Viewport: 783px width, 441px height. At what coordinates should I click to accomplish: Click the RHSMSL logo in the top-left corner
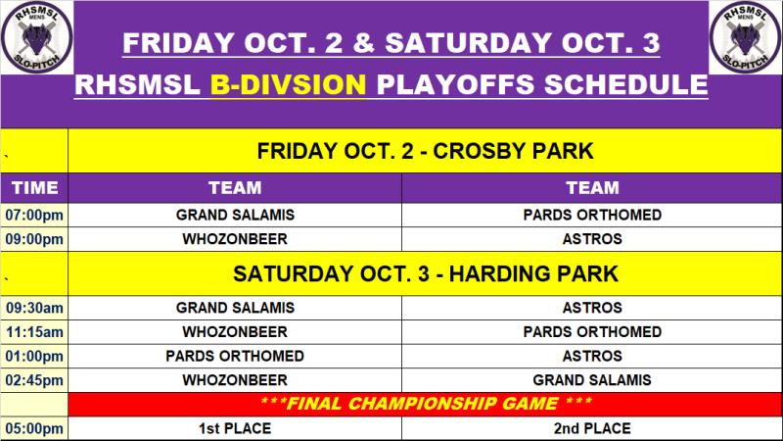tap(36, 37)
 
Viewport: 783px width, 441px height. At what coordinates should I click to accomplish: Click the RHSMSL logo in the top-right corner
tap(746, 37)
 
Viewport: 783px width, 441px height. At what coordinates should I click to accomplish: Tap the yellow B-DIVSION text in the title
tap(288, 84)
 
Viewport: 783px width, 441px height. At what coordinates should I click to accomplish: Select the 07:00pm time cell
tap(34, 215)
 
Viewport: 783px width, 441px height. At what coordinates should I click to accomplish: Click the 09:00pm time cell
tap(34, 239)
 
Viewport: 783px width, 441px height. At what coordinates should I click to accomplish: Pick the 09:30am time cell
tap(34, 308)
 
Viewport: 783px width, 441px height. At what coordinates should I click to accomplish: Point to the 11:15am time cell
tap(34, 332)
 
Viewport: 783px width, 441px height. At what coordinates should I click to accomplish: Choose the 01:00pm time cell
tap(34, 356)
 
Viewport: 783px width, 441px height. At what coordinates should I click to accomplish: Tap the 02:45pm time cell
tap(34, 380)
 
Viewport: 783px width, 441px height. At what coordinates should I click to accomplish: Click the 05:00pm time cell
tap(34, 428)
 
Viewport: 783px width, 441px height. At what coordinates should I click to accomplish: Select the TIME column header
tap(34, 187)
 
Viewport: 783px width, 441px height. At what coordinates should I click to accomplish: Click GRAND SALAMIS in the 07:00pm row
tap(235, 215)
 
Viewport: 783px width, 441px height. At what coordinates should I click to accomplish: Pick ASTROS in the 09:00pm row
tap(592, 239)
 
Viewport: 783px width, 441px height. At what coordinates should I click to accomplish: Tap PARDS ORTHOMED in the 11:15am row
tap(592, 332)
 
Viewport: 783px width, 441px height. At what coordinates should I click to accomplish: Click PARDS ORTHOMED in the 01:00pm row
tap(235, 356)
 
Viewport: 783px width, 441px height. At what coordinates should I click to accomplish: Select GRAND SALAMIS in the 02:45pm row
tap(592, 380)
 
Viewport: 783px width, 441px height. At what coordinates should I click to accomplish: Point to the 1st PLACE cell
tap(235, 428)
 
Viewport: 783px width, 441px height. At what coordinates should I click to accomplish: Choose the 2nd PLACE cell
tap(592, 428)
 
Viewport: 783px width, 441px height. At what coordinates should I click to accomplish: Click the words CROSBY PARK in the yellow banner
tap(513, 151)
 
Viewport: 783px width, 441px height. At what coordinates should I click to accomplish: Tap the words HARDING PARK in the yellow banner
tap(533, 274)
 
